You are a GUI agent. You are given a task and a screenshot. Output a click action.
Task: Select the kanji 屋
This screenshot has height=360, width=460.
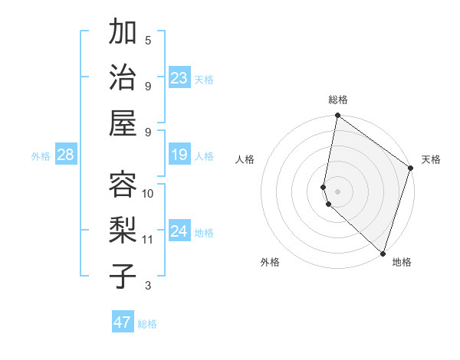click(x=123, y=123)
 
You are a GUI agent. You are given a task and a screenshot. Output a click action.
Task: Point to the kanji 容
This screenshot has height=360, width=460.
click(x=123, y=184)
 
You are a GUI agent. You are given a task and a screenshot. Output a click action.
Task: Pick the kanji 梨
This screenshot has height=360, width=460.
click(x=123, y=230)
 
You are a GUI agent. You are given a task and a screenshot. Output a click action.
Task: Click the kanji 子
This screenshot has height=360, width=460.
click(x=123, y=276)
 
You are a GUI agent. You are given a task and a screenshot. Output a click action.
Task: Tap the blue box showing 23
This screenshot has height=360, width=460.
click(x=179, y=78)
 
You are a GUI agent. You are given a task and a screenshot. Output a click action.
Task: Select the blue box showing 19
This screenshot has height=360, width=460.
click(x=179, y=155)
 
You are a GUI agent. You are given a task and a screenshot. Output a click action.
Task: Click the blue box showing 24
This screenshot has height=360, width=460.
click(x=179, y=232)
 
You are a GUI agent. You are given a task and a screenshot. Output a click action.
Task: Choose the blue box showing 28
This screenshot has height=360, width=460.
click(x=65, y=155)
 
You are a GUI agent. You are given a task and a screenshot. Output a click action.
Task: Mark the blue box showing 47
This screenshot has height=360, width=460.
click(x=123, y=322)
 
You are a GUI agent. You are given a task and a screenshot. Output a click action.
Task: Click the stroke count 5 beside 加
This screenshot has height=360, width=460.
click(x=148, y=40)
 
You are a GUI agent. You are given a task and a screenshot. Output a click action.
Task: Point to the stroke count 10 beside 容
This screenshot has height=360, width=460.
click(x=148, y=193)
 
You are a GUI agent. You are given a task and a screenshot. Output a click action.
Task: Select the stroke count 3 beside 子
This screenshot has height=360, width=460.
click(x=148, y=286)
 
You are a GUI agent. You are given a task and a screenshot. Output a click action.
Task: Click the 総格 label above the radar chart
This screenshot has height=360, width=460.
click(x=338, y=100)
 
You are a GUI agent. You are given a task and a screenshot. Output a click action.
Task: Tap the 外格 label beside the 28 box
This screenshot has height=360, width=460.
click(x=41, y=156)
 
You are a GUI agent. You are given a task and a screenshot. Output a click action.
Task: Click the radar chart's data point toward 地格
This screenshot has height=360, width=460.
click(x=383, y=254)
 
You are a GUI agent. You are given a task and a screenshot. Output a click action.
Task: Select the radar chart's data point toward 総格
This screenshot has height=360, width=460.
click(x=337, y=116)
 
